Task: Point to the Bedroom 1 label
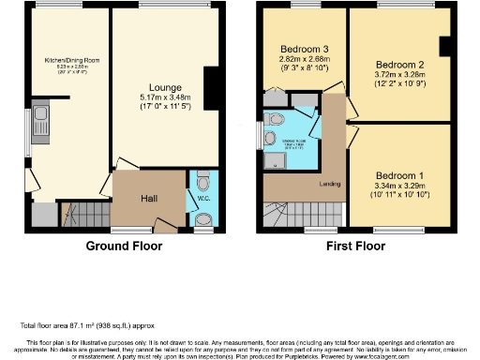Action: click(x=399, y=175)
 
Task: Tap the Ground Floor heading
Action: click(x=124, y=247)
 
